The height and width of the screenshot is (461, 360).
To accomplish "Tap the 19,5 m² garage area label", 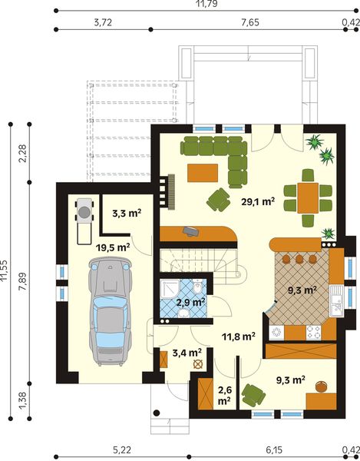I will click(112, 247).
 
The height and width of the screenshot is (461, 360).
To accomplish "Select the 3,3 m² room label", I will click(123, 215).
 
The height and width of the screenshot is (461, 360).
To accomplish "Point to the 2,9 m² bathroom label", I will click(190, 302).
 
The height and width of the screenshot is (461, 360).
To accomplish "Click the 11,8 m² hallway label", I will click(238, 336).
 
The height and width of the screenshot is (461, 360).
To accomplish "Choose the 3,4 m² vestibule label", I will click(187, 353).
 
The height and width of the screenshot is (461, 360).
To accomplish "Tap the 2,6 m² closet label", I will click(223, 395).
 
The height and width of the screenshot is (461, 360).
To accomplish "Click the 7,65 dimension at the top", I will click(249, 22).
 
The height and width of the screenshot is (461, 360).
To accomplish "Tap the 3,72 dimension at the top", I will click(103, 22).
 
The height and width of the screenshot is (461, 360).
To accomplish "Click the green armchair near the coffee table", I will click(219, 200).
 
